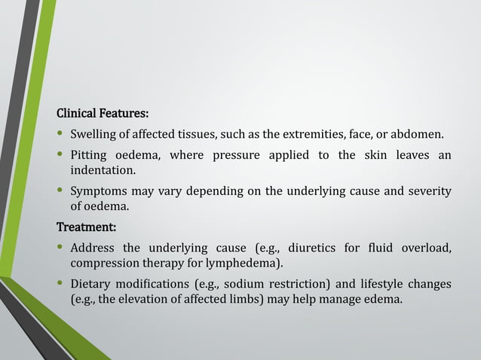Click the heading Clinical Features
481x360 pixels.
click(x=103, y=114)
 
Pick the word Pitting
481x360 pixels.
click(x=90, y=156)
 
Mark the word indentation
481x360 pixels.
click(x=103, y=171)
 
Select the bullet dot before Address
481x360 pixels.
click(x=60, y=247)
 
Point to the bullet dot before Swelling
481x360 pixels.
click(x=60, y=136)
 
